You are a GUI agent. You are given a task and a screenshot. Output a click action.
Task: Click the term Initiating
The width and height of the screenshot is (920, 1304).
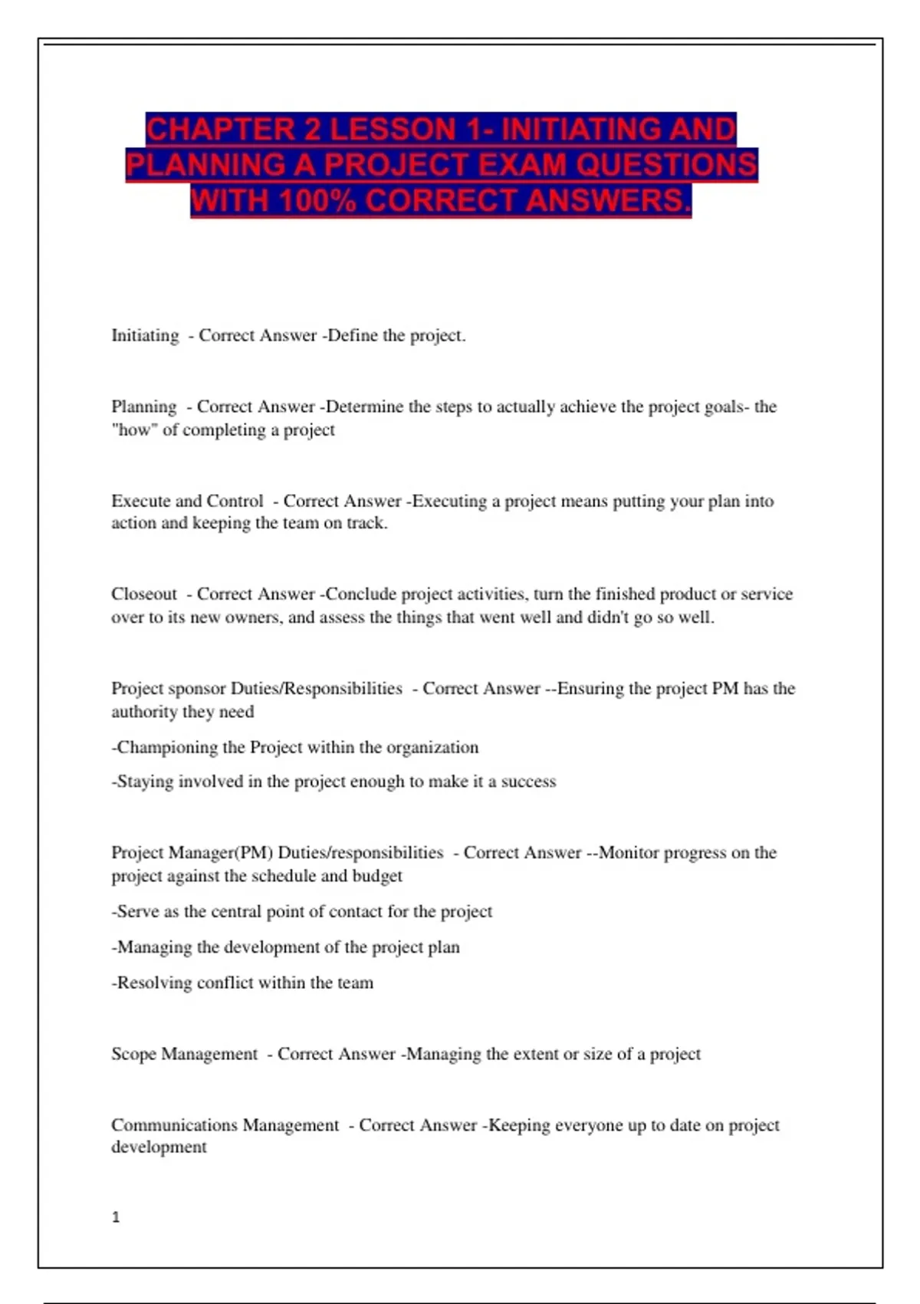(x=145, y=335)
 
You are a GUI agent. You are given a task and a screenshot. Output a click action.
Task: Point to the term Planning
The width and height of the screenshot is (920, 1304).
(x=143, y=407)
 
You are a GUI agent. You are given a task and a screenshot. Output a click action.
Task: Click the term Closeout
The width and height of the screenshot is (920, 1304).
(x=143, y=594)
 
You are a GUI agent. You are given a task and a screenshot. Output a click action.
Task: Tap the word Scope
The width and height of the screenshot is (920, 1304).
(x=133, y=1054)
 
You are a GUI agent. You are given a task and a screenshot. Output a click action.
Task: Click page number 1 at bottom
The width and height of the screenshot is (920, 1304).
(x=116, y=1217)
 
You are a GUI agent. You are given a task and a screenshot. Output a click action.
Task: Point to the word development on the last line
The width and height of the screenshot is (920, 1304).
(x=159, y=1147)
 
